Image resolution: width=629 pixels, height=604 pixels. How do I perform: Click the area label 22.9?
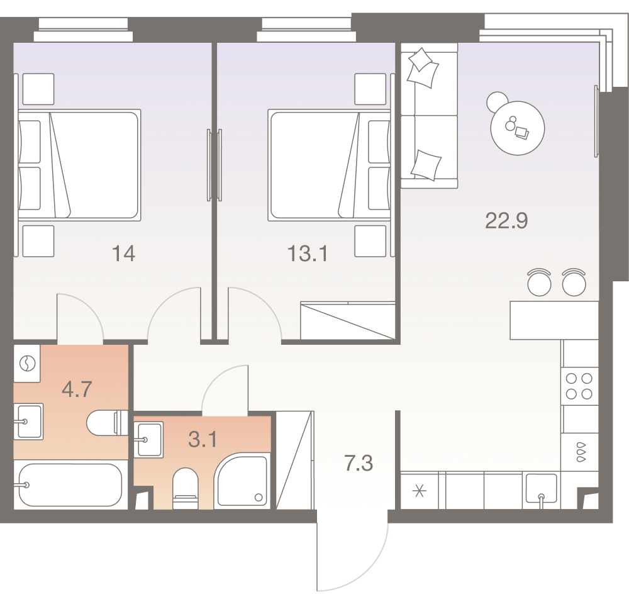click(x=506, y=221)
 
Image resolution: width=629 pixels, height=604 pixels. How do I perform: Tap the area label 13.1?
click(x=308, y=254)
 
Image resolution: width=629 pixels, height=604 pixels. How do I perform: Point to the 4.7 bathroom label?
click(x=77, y=388)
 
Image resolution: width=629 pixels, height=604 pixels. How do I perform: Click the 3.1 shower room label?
click(x=203, y=439)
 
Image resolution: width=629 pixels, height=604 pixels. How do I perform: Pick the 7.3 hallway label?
click(x=359, y=464)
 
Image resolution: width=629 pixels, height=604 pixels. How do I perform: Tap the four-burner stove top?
click(x=579, y=386)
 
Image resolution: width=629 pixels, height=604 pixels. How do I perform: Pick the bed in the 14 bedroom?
click(x=79, y=164)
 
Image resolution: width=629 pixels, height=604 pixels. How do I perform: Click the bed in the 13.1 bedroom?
click(x=330, y=165)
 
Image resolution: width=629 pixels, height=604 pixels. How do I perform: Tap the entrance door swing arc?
click(x=352, y=554)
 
